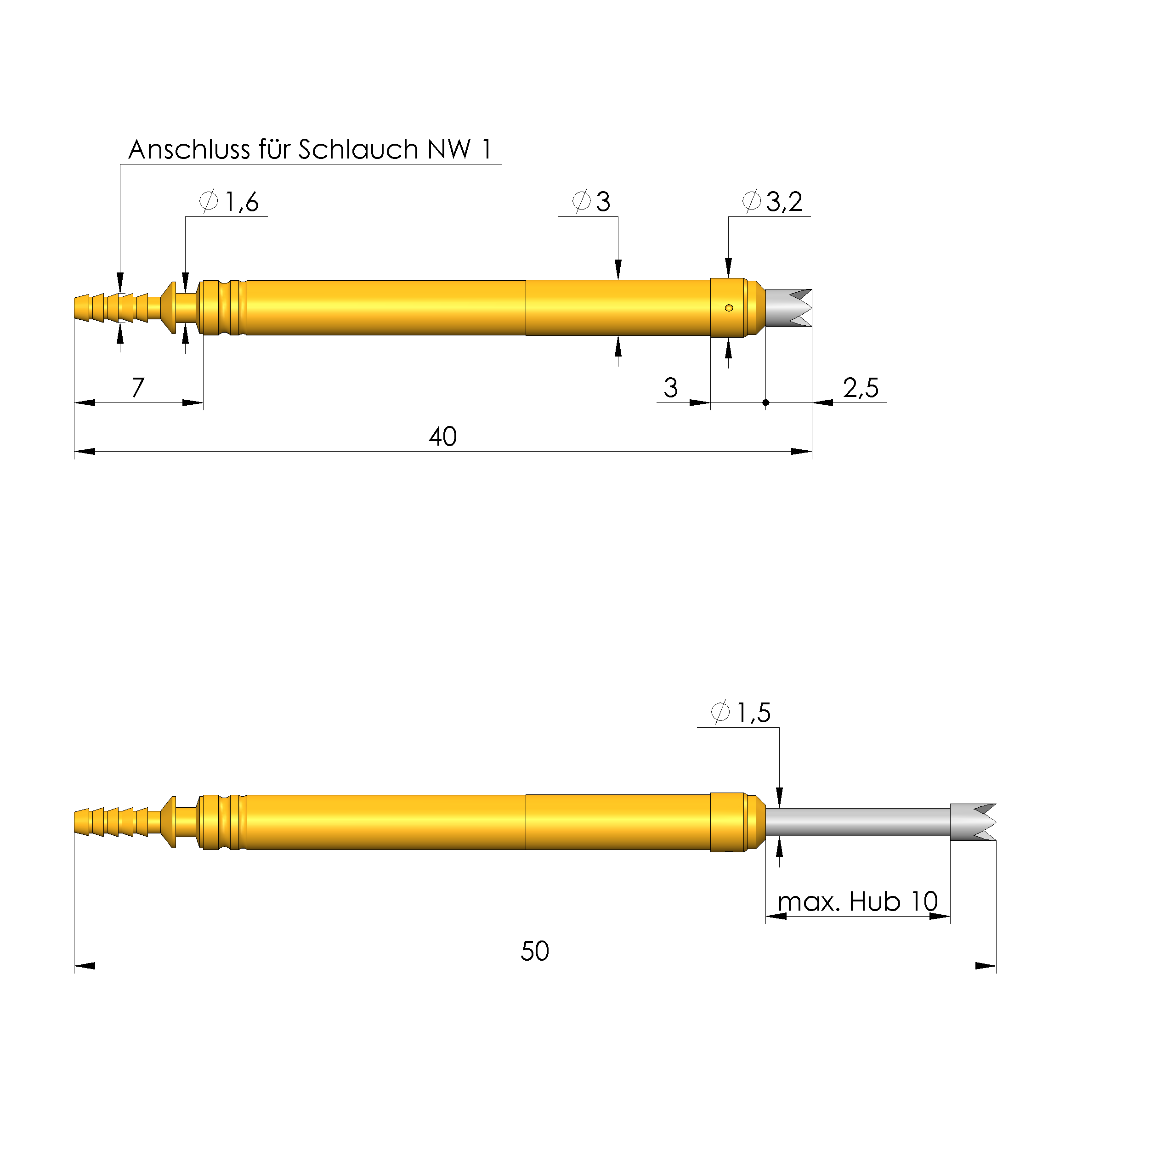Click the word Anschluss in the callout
click(189, 150)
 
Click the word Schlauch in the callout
click(358, 150)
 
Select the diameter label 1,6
click(242, 202)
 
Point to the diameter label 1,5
click(753, 713)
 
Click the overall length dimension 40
click(443, 437)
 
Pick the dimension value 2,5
click(861, 388)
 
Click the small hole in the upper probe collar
click(729, 308)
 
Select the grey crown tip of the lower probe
click(973, 822)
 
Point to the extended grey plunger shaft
click(857, 822)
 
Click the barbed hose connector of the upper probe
click(112, 308)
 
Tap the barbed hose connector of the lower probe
click(112, 822)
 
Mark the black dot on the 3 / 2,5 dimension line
click(766, 403)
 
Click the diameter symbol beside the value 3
click(581, 201)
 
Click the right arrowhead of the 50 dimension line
click(986, 966)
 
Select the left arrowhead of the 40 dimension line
click(85, 452)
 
